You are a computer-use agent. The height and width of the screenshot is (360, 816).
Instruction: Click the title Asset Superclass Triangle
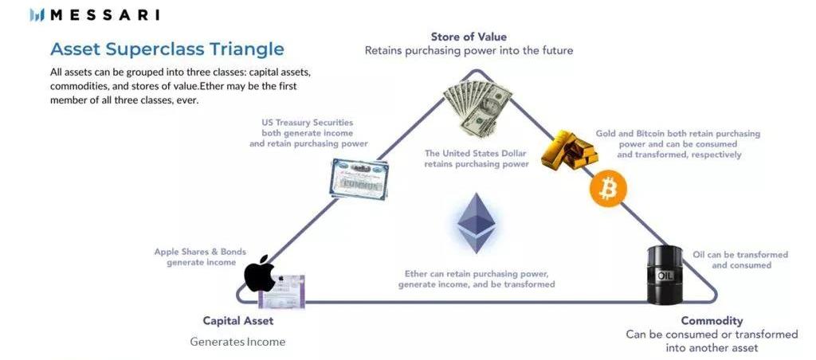click(x=167, y=49)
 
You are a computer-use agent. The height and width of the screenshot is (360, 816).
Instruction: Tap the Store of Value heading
click(x=469, y=37)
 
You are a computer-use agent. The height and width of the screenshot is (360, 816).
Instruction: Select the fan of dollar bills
click(x=478, y=106)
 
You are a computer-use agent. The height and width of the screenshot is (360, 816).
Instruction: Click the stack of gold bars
click(x=569, y=149)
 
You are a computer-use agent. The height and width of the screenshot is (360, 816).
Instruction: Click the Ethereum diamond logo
click(x=476, y=223)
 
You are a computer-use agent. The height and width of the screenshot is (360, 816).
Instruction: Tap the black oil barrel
click(x=665, y=274)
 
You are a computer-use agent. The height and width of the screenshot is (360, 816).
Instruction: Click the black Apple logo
click(x=260, y=274)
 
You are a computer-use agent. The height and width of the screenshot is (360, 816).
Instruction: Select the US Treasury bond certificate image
click(x=359, y=179)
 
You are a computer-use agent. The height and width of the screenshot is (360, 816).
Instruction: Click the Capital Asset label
click(x=237, y=320)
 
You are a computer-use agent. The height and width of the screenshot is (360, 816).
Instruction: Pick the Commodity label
click(x=712, y=320)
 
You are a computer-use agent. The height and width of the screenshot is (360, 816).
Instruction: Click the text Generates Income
click(x=237, y=342)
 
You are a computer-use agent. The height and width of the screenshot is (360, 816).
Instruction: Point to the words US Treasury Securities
click(x=307, y=123)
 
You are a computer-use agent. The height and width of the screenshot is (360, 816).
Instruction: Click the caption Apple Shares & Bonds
click(x=200, y=252)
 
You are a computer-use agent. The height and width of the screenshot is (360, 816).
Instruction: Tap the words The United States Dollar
click(x=476, y=154)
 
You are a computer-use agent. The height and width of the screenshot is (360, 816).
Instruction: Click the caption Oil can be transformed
click(x=740, y=254)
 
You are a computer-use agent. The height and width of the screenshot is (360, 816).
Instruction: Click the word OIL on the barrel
click(x=665, y=275)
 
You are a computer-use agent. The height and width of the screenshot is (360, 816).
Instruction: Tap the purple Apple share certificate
click(x=281, y=291)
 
